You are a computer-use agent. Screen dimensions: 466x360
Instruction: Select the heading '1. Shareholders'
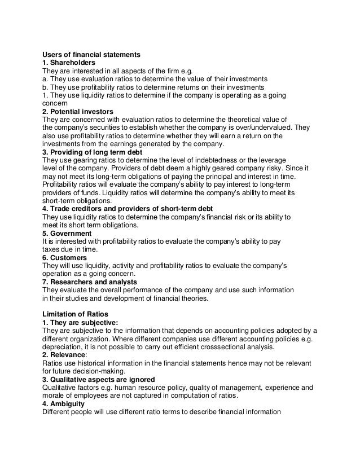click(69, 63)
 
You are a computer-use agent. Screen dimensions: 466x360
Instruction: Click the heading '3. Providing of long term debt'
click(91, 152)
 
